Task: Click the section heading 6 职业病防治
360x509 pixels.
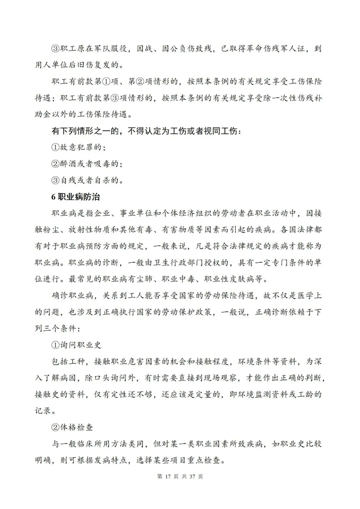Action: coord(76,197)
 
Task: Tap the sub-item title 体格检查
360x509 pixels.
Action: coord(76,427)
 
